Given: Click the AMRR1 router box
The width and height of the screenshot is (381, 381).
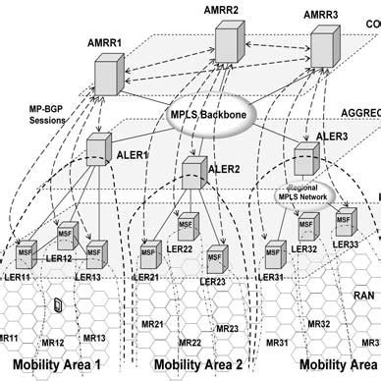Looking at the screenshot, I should (x=111, y=74).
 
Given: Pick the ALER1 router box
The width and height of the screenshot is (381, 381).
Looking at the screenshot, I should (x=100, y=151).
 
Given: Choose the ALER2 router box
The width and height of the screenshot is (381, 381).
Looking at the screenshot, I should (x=196, y=174).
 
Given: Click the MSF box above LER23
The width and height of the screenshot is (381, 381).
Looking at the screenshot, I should (x=217, y=259).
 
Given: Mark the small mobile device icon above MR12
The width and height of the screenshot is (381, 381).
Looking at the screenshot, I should (x=57, y=306).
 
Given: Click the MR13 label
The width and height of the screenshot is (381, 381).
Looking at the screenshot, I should (x=94, y=338).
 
